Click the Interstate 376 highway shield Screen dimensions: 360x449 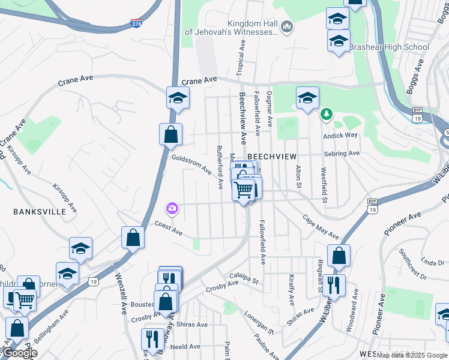tap(136, 24)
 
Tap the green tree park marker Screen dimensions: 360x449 tap(327, 113)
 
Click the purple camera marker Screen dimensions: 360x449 tap(172, 208)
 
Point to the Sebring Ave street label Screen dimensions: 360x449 tap(341, 154)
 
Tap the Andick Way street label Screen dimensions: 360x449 tap(340, 135)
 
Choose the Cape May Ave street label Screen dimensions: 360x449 tap(320, 227)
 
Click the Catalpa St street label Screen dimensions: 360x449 tap(243, 278)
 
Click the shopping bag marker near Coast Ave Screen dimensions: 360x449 tap(133, 237)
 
